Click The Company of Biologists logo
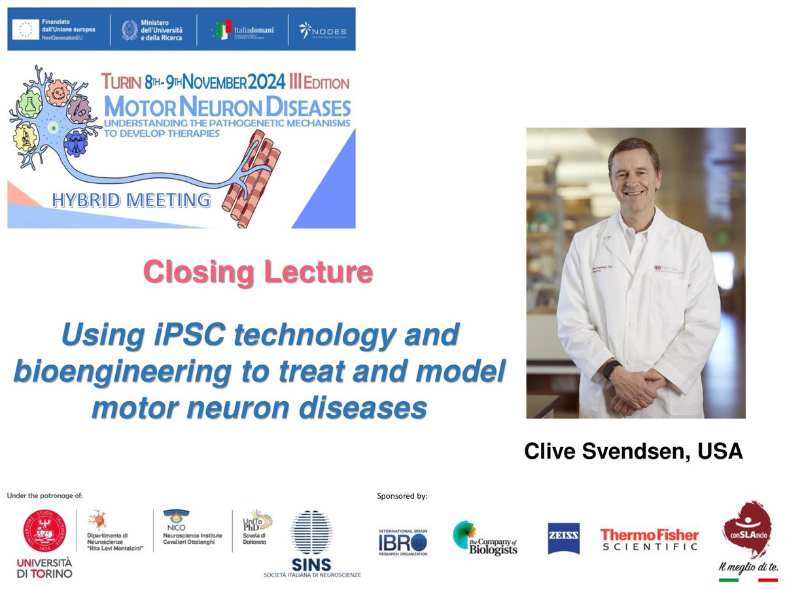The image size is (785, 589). (x=485, y=538)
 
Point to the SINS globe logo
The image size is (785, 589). (x=311, y=533)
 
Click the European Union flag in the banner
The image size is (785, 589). (x=26, y=29)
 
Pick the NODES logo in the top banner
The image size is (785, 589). (x=323, y=30)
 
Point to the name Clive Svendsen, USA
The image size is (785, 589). (x=633, y=452)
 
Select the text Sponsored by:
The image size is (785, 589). (x=402, y=496)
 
